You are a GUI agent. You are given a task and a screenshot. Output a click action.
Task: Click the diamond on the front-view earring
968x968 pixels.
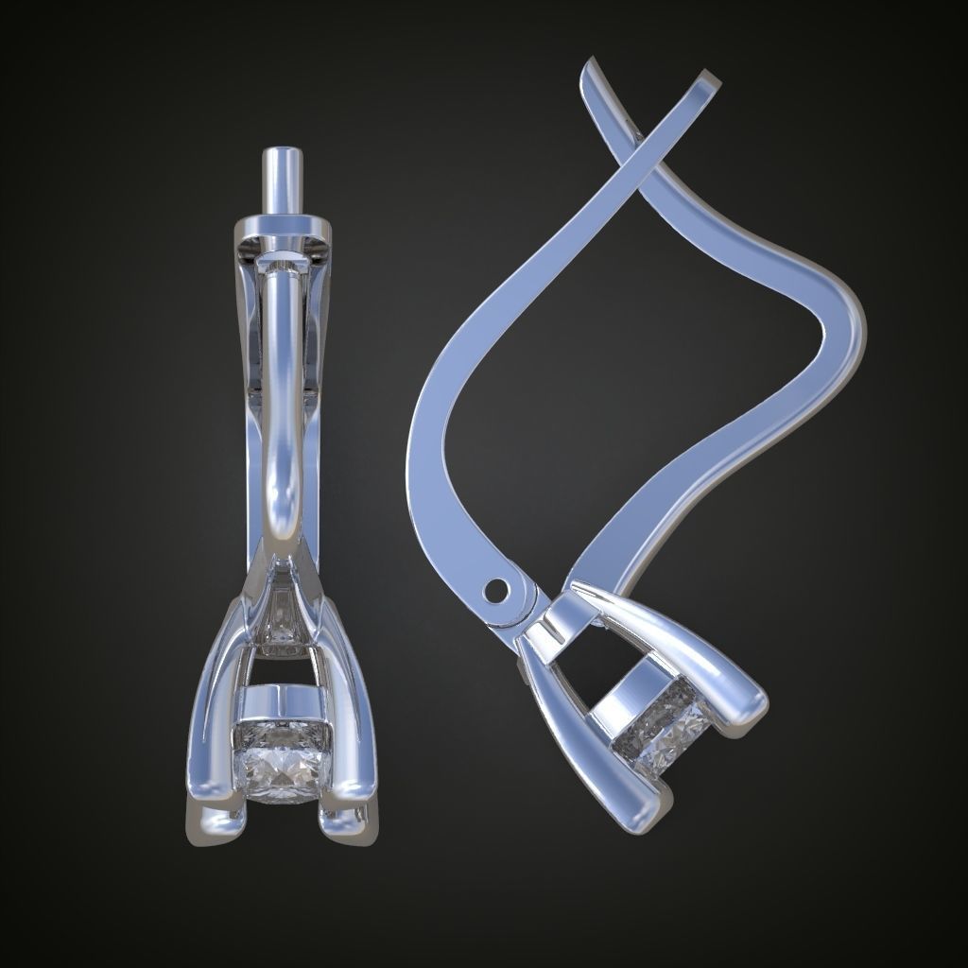281,763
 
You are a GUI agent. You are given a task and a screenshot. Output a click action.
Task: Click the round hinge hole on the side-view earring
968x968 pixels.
493,591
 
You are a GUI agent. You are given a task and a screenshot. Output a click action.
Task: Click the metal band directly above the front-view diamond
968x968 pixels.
281,704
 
